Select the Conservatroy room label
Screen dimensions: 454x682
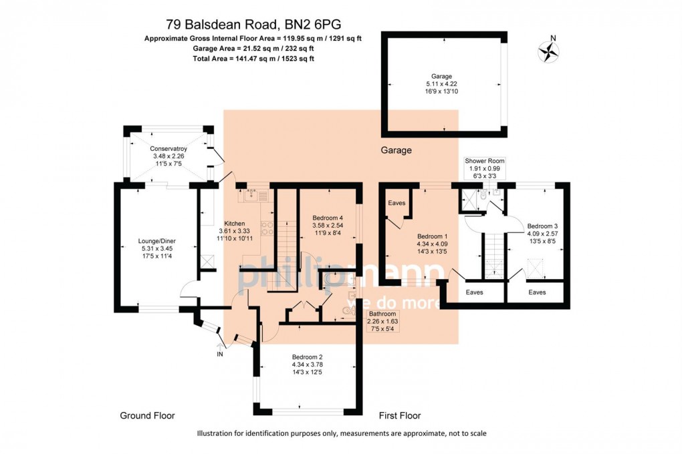(168, 148)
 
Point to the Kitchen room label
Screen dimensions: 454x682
(235, 224)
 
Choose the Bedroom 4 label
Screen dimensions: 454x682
(328, 218)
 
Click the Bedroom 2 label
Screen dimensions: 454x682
(307, 357)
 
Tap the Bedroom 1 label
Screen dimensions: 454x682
(432, 236)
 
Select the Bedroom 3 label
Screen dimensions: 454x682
(542, 226)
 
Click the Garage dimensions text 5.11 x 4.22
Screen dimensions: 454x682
(442, 83)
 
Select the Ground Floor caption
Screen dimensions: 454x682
(147, 415)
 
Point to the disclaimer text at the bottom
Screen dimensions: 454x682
(342, 434)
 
